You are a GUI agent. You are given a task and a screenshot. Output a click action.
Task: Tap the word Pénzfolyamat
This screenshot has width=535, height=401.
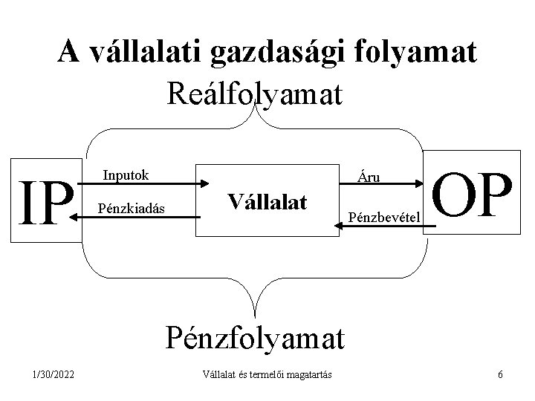click(256, 338)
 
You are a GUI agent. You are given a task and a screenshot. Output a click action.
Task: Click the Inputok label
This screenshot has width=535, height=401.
click(126, 175)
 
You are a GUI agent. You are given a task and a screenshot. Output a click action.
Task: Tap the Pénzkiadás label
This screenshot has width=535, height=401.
click(131, 208)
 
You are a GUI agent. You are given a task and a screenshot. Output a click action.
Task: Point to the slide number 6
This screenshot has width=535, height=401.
click(501, 374)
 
